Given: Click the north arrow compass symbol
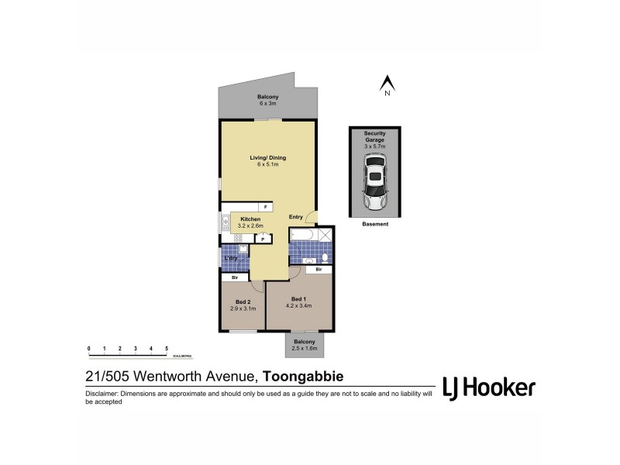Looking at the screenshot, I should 386,82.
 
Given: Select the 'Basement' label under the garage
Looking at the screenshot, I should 375,223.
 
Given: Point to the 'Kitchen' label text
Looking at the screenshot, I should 250,219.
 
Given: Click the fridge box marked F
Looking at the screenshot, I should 264,208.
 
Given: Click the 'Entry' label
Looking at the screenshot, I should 296,217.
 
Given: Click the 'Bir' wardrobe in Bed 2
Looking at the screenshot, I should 235,277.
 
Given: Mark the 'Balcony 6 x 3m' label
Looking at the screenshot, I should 267,100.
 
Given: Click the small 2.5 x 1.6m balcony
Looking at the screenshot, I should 304,345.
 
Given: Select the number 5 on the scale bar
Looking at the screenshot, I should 167,350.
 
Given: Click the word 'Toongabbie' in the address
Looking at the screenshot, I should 303,377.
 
